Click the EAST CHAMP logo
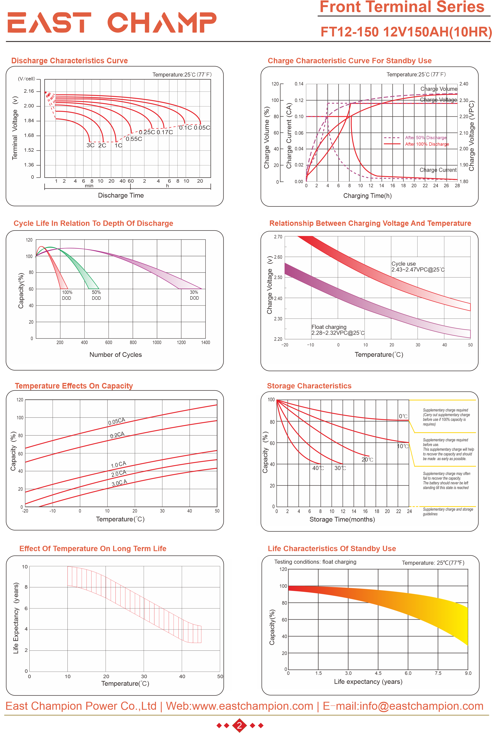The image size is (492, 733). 112,22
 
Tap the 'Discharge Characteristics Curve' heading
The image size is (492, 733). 69,61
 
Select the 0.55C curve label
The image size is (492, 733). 134,139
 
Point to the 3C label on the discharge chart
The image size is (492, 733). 90,145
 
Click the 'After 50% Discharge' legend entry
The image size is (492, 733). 425,138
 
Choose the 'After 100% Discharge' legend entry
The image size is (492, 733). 427,144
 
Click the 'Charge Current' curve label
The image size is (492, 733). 438,170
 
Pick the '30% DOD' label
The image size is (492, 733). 194,295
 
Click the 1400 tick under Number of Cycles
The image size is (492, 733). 205,342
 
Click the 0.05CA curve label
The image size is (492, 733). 117,421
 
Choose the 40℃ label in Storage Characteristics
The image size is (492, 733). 318,468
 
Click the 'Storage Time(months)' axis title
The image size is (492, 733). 342,519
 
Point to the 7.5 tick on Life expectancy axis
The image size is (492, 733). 438,673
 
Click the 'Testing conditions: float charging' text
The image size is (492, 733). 315,562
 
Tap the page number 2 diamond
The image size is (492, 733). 239,725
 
